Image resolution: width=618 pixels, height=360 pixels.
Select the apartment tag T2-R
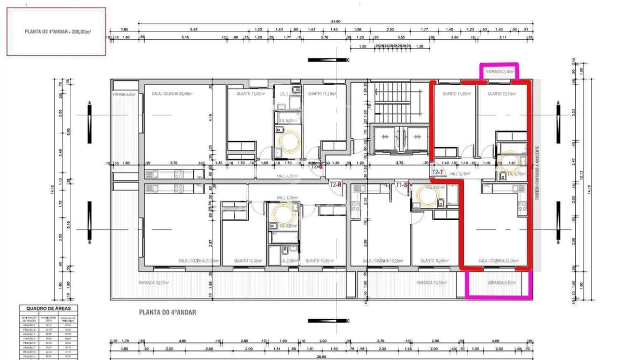tap(335, 184)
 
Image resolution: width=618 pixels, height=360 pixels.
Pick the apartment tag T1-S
tap(401, 185)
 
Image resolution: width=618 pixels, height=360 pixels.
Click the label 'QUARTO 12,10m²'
tap(501, 93)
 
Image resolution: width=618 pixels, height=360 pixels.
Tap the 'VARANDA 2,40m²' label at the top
tap(499, 71)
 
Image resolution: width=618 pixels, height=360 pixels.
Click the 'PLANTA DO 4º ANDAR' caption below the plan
tap(167, 312)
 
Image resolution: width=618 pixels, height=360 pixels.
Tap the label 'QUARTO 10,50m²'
tap(434, 261)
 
